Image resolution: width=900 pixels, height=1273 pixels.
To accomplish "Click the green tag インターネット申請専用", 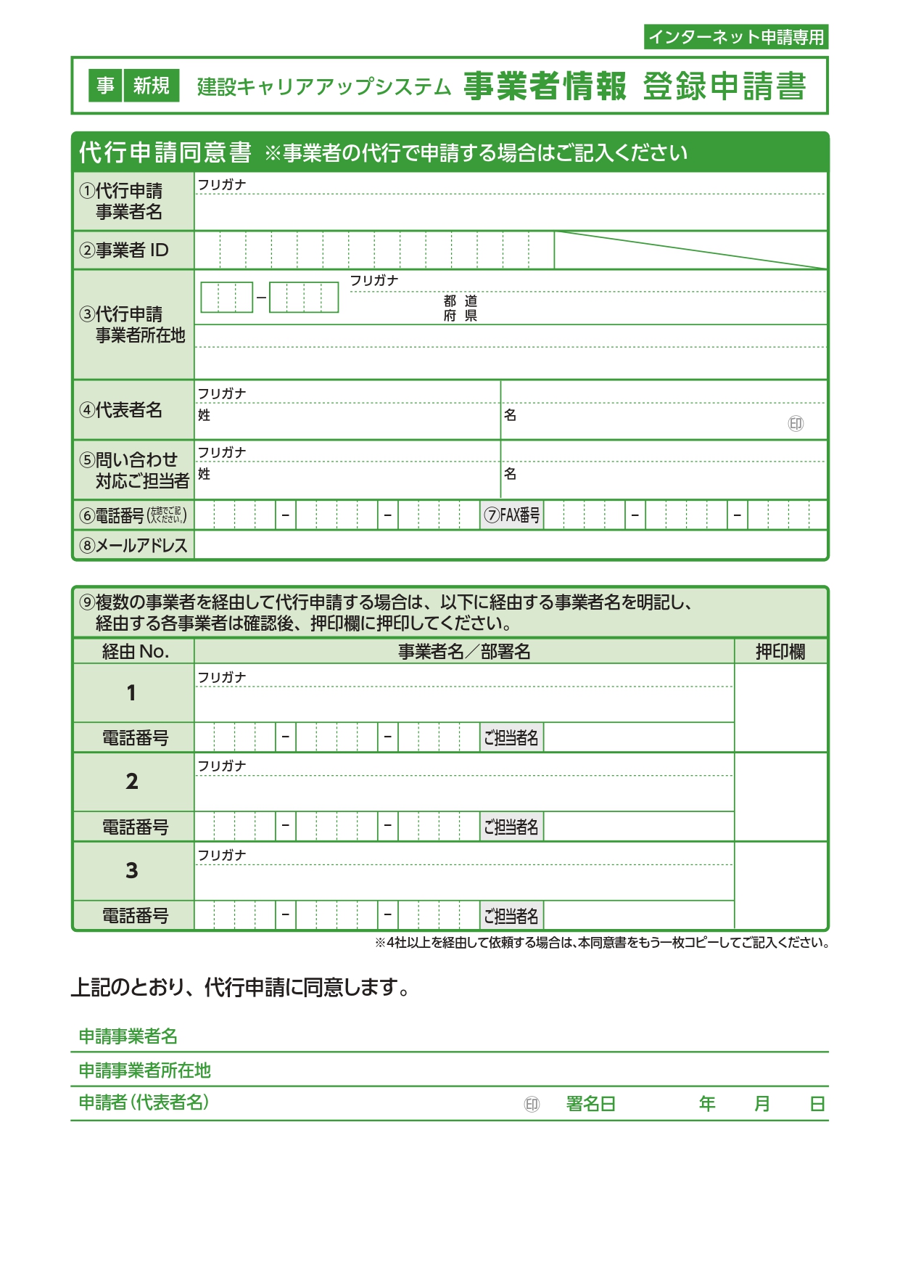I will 735,37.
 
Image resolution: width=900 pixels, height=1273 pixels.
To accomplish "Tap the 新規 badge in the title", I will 151,86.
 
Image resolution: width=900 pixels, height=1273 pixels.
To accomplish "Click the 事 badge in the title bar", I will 106,86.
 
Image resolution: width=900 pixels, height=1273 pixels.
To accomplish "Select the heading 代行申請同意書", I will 165,152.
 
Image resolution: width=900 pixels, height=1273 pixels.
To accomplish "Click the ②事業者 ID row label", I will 124,250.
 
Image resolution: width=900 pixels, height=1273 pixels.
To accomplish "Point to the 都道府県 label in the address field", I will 461,308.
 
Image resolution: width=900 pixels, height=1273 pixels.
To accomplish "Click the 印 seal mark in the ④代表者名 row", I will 796,424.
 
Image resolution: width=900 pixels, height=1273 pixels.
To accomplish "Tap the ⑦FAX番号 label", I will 512,515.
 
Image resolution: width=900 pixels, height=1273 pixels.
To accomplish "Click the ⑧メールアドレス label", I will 133,545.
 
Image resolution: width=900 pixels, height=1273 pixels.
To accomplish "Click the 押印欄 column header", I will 780,652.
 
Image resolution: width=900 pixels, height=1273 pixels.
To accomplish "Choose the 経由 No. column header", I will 135,652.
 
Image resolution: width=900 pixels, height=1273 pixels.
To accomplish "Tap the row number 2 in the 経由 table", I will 132,782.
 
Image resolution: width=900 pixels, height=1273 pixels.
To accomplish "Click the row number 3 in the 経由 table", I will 132,871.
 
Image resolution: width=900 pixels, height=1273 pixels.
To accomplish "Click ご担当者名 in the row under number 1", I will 511,738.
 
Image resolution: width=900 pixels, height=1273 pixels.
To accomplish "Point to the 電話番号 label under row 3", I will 135,916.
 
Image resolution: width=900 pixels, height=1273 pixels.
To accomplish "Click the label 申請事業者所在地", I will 144,1071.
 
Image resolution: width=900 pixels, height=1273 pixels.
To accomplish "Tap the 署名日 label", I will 591,1104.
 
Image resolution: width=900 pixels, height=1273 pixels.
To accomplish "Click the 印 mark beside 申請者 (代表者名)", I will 532,1105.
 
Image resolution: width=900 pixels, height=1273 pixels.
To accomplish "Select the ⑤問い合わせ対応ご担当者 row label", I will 134,470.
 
